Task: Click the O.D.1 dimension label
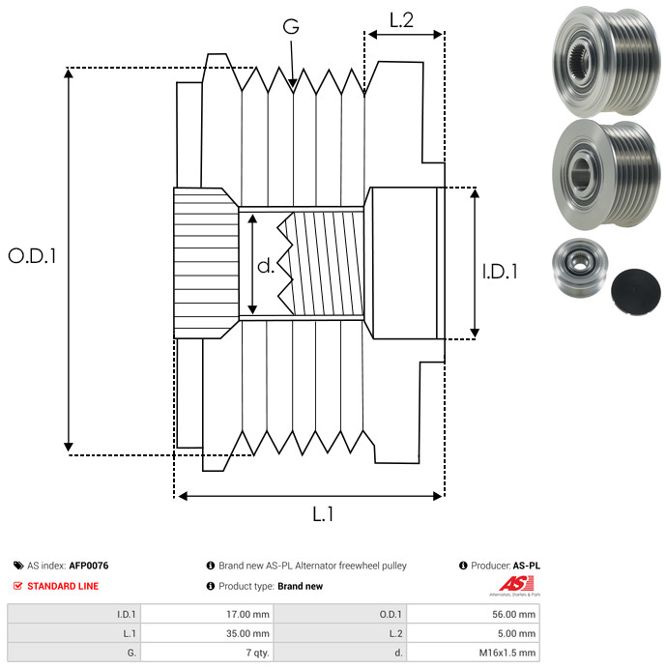(x=33, y=256)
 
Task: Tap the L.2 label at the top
(x=401, y=18)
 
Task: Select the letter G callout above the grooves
(x=290, y=28)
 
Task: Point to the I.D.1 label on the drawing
(x=500, y=273)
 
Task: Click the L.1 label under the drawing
(x=322, y=514)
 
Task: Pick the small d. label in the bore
(x=266, y=265)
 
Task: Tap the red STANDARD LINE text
(x=62, y=586)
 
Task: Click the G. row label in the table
(x=132, y=653)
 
